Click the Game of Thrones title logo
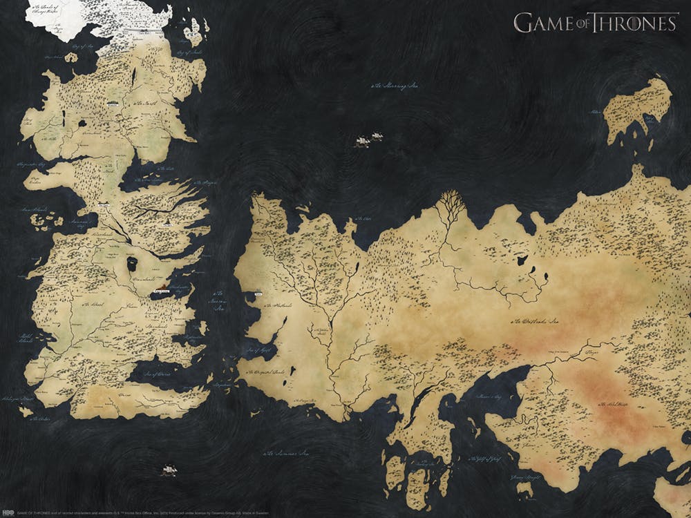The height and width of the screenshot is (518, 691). point(596,22)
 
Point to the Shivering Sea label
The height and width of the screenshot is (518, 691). point(396,86)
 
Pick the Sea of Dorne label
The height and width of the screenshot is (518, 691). point(158,374)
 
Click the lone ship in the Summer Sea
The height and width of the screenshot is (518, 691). point(169,470)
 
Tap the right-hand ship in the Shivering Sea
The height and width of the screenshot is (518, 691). point(377,137)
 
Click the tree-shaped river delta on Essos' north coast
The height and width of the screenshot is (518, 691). point(450,203)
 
